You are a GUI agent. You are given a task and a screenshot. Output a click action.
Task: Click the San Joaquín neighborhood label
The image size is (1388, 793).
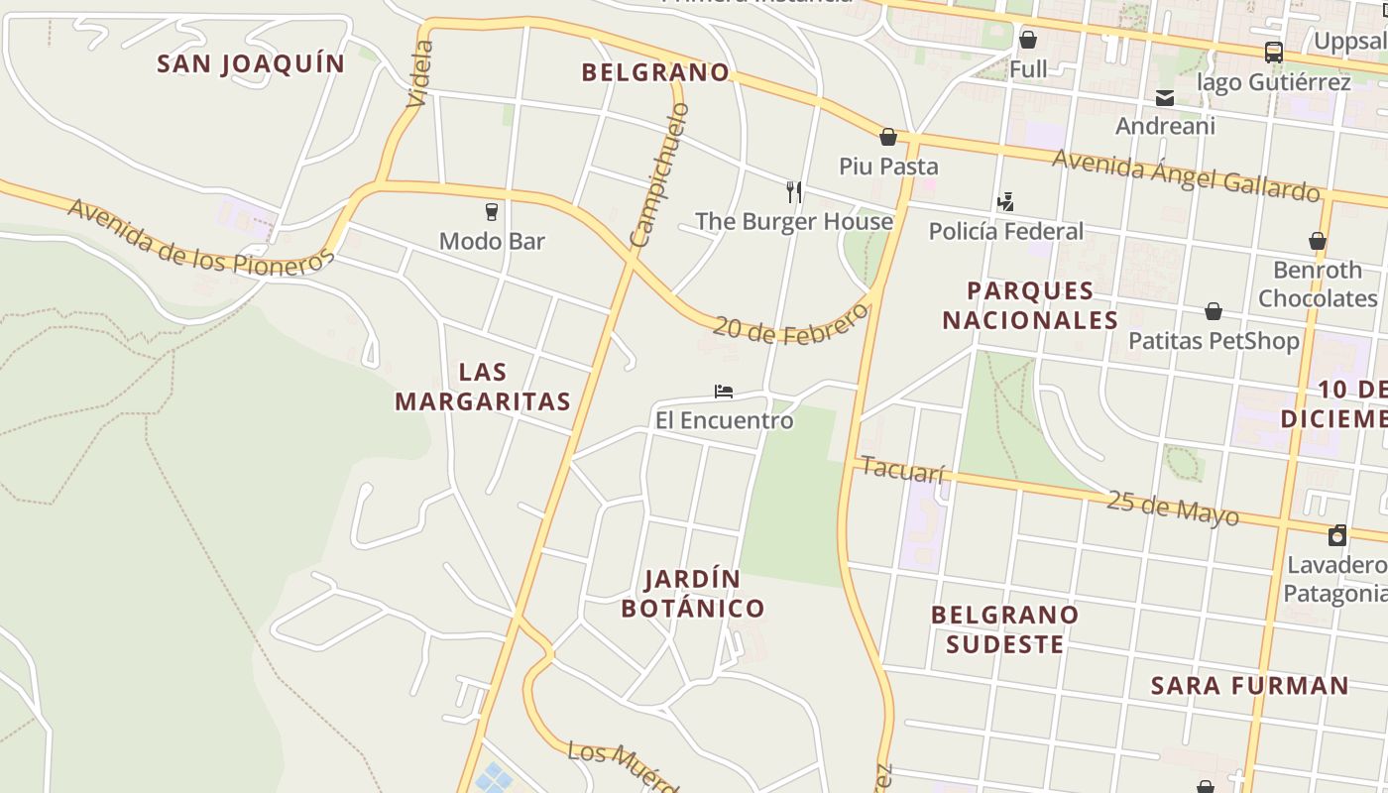point(251,64)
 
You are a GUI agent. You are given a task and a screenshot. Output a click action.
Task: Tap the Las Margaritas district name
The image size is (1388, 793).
point(483,387)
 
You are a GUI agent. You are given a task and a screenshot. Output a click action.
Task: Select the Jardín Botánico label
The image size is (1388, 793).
point(693,593)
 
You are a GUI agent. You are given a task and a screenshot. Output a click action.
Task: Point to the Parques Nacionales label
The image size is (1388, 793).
point(1030,305)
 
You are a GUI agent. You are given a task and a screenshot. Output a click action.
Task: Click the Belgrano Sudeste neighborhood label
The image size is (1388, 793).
point(1005,629)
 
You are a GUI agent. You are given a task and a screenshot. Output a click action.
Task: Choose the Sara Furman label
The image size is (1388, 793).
point(1249,685)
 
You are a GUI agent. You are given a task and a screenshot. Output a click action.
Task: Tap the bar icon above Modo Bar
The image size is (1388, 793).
point(491,211)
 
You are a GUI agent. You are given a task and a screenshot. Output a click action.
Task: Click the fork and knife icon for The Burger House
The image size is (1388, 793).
point(793,190)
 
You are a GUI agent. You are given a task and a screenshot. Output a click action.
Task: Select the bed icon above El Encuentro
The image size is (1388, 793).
point(724,392)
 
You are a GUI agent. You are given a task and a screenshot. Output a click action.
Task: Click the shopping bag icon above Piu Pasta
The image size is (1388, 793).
point(888,137)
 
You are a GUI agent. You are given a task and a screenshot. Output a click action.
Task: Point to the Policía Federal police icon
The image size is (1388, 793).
point(1005,202)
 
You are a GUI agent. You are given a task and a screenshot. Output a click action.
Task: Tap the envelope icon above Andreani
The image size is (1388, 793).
point(1165,97)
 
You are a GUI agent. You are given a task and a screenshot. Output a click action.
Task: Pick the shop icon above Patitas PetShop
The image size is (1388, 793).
point(1214,312)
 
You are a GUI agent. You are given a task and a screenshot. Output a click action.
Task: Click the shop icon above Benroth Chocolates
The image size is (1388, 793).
point(1318,241)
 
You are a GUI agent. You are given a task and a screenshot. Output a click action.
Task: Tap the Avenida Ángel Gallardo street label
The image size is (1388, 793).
point(1186,174)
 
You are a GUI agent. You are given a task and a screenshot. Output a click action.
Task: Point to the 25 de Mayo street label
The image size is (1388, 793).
point(1172,507)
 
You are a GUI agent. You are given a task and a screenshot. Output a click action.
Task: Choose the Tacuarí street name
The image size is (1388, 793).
point(902,469)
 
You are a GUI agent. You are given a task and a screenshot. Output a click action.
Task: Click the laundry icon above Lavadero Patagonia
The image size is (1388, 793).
point(1337,535)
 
